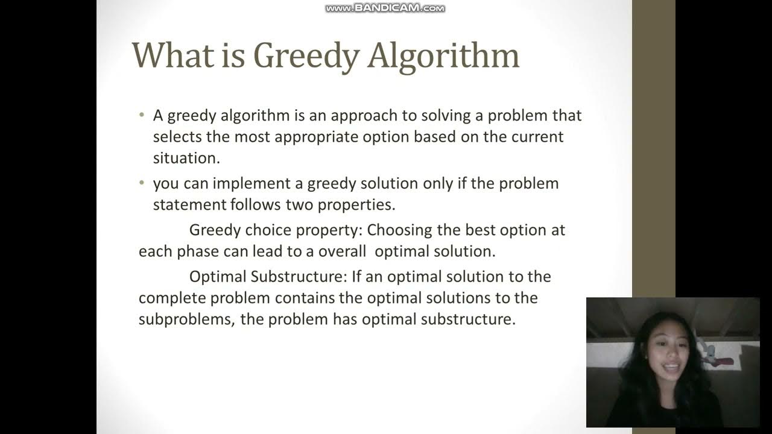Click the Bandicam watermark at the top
click(385, 8)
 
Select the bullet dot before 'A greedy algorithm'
click(142, 115)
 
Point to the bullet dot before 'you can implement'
click(142, 183)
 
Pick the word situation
click(186, 159)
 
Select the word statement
click(189, 204)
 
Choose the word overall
click(342, 251)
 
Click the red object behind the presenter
click(723, 361)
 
